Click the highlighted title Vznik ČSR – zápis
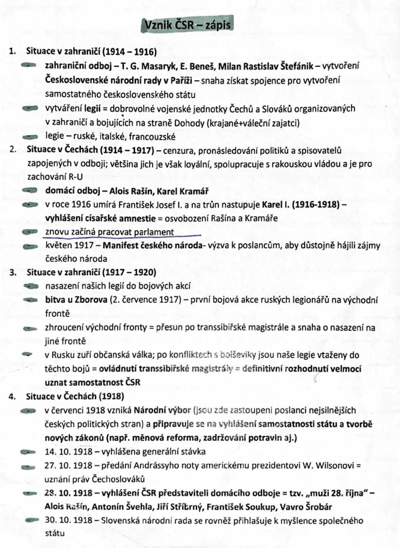point(187,25)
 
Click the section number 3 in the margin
point(13,273)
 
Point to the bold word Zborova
point(91,300)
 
